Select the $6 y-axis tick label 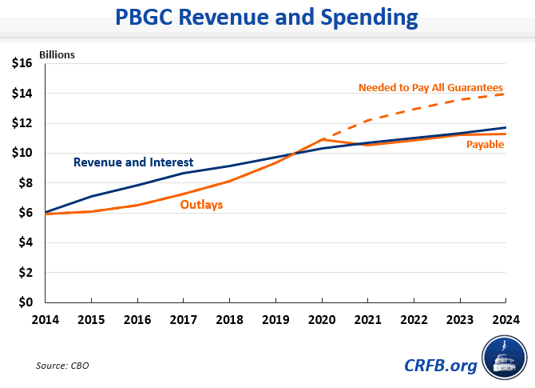point(25,213)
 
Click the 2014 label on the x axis point(46,318)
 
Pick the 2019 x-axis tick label point(276,318)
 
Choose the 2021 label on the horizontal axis point(368,318)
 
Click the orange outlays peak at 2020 point(323,139)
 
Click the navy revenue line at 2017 point(184,173)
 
